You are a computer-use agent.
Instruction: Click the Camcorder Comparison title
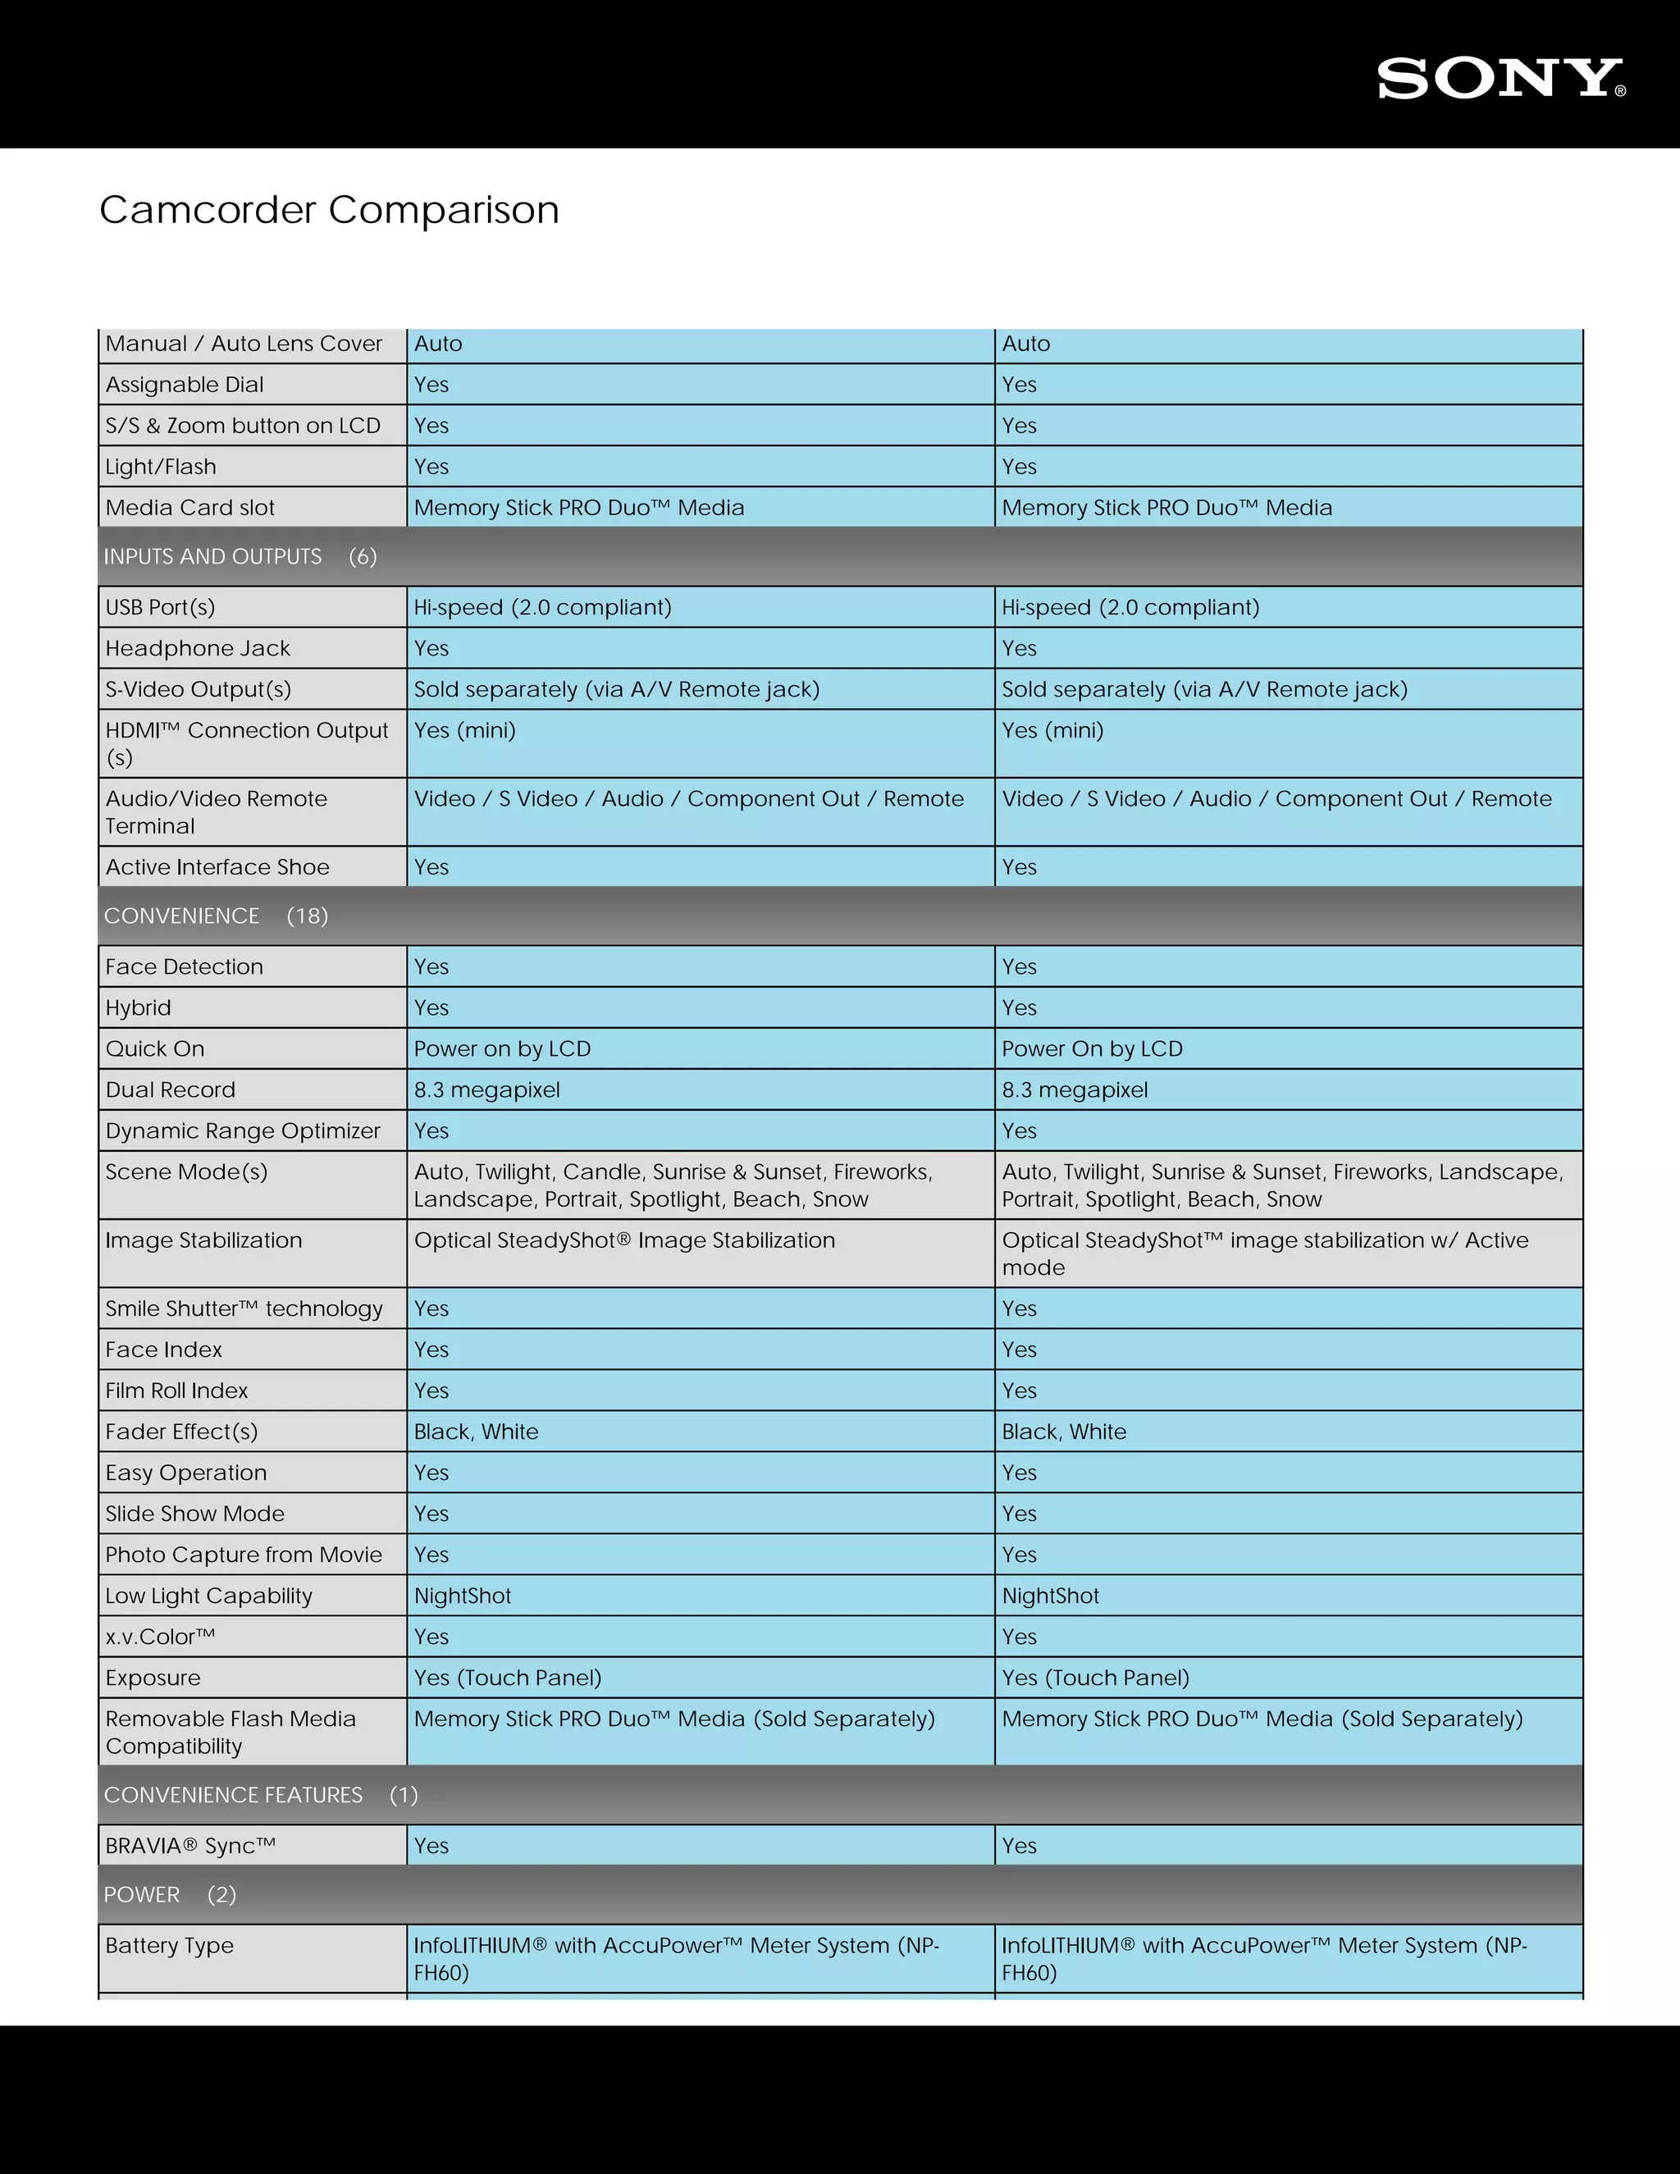pos(330,210)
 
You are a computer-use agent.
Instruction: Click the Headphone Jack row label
pos(198,648)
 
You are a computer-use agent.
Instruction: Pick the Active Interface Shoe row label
pos(217,867)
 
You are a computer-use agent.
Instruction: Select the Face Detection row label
pos(184,966)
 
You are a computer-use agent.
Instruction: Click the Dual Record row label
pos(170,1090)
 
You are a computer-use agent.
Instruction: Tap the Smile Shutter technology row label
pos(244,1309)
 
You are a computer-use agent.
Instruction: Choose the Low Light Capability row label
pos(209,1596)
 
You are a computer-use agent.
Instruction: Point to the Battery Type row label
pos(169,1945)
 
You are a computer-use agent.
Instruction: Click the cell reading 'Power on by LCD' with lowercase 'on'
pos(503,1049)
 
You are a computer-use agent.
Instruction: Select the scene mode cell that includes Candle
pos(673,1185)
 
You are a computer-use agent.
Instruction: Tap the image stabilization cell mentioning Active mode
pos(1265,1254)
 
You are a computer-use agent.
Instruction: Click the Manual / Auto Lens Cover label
pos(244,344)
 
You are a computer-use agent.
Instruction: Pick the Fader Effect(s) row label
pos(181,1432)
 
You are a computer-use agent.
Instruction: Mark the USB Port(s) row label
pos(160,607)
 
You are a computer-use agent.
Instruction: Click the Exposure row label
pos(153,1678)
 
